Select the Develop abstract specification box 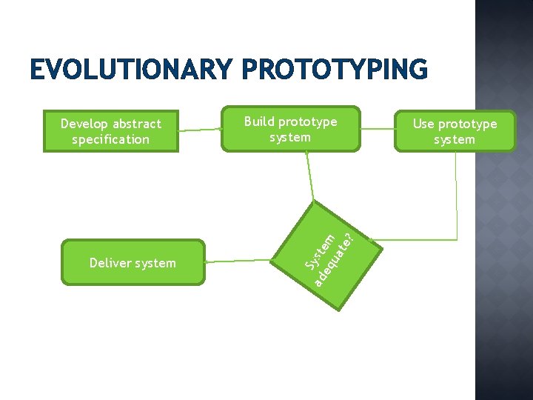tap(111, 131)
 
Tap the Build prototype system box tap(291, 130)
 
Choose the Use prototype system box tap(454, 131)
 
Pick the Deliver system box tap(133, 262)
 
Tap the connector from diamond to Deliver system tap(240, 261)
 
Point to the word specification tap(111, 139)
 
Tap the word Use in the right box tap(423, 124)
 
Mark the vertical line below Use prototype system tap(457, 185)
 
